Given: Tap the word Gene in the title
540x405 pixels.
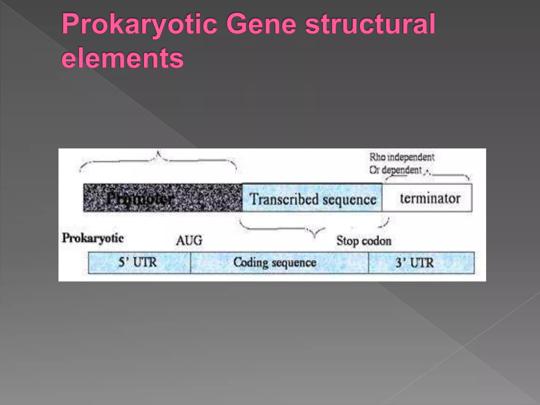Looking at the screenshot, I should [261, 24].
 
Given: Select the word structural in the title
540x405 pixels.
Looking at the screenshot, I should [370, 24].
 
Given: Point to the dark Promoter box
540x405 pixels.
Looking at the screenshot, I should [162, 198].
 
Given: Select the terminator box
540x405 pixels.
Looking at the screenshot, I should [427, 198].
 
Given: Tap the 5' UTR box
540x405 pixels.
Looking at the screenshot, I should [139, 263].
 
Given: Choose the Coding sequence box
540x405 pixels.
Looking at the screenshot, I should [279, 263].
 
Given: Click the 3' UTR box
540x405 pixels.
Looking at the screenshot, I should [421, 263].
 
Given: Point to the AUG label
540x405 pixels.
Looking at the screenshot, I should [189, 240].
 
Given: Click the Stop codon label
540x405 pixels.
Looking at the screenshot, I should [364, 241].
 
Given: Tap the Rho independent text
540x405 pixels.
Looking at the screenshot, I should [402, 157].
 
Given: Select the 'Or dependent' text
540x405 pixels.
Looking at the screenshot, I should [396, 170].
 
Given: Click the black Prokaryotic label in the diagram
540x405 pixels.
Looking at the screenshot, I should [93, 238].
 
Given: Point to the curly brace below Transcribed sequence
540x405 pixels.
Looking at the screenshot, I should [314, 229].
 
